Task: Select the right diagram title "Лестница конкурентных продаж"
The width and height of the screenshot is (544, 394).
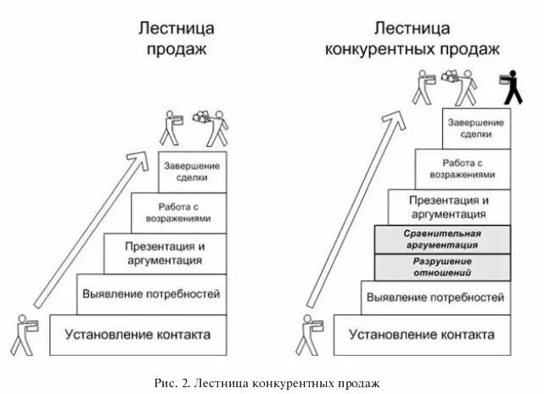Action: [x=412, y=38]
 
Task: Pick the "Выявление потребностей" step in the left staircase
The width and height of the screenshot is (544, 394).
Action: [x=151, y=295]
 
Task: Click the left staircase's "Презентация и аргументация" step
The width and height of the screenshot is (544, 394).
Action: [x=165, y=253]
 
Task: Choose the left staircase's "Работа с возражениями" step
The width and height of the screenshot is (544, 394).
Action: [x=179, y=212]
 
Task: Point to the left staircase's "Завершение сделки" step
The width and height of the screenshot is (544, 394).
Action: [x=193, y=172]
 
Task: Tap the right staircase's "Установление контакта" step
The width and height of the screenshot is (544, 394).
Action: [x=423, y=335]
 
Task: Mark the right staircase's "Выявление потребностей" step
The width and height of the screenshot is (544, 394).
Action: [x=436, y=297]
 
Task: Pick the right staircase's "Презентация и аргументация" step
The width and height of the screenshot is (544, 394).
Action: [x=449, y=207]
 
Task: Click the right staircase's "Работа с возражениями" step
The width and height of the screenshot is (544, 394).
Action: [x=463, y=167]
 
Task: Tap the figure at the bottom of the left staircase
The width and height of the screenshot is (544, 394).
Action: [x=24, y=335]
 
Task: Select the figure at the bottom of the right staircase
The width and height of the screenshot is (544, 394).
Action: [x=307, y=335]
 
